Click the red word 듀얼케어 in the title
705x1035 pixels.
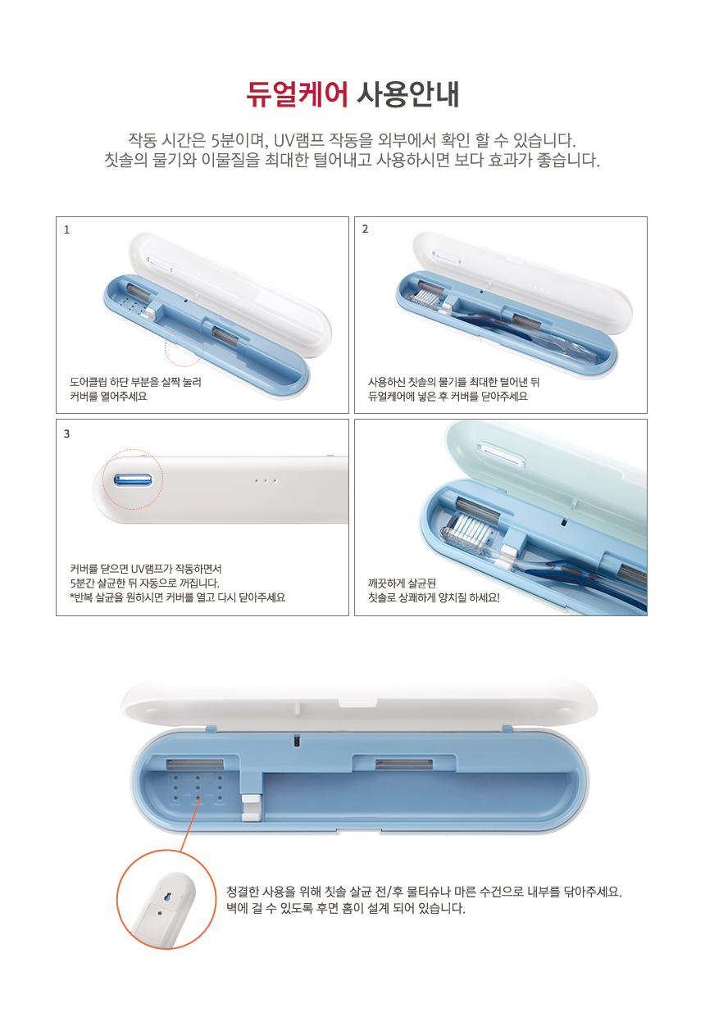point(296,95)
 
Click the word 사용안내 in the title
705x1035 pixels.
point(408,95)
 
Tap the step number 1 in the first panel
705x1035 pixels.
point(67,229)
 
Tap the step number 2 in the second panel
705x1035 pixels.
point(366,229)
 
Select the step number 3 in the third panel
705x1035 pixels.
point(67,434)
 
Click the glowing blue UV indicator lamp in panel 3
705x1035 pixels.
point(133,480)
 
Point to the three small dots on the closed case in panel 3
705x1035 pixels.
point(266,481)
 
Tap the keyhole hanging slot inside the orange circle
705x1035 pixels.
point(168,896)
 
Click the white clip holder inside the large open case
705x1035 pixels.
point(251,808)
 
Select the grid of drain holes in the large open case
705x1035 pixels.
point(198,788)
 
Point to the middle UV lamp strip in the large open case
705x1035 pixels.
point(404,764)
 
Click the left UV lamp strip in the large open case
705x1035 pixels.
point(194,764)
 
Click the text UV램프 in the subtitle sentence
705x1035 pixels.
point(298,139)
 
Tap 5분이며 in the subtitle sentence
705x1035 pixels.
point(237,139)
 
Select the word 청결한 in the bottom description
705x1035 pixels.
point(243,892)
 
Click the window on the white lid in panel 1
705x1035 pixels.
point(160,265)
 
